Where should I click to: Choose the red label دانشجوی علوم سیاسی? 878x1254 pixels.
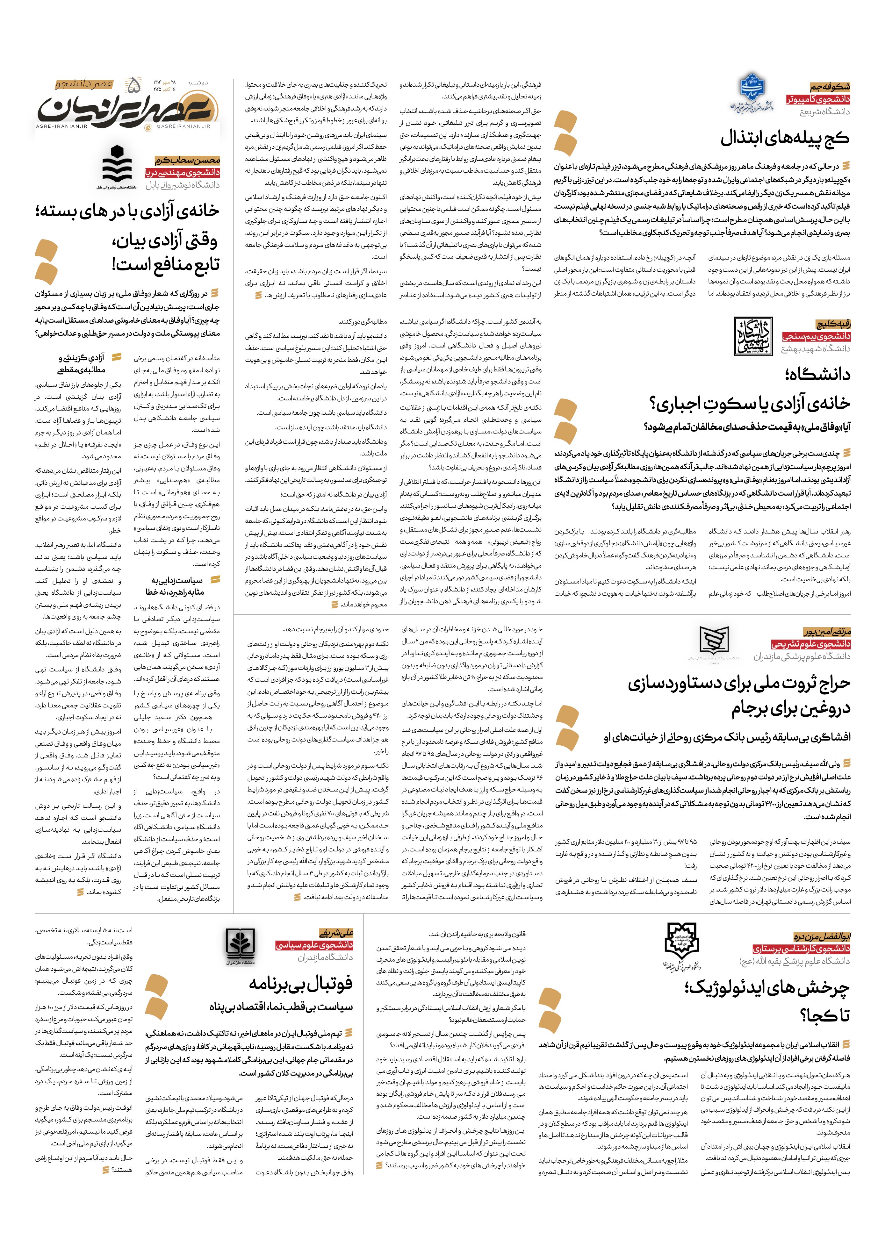[x=314, y=945]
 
